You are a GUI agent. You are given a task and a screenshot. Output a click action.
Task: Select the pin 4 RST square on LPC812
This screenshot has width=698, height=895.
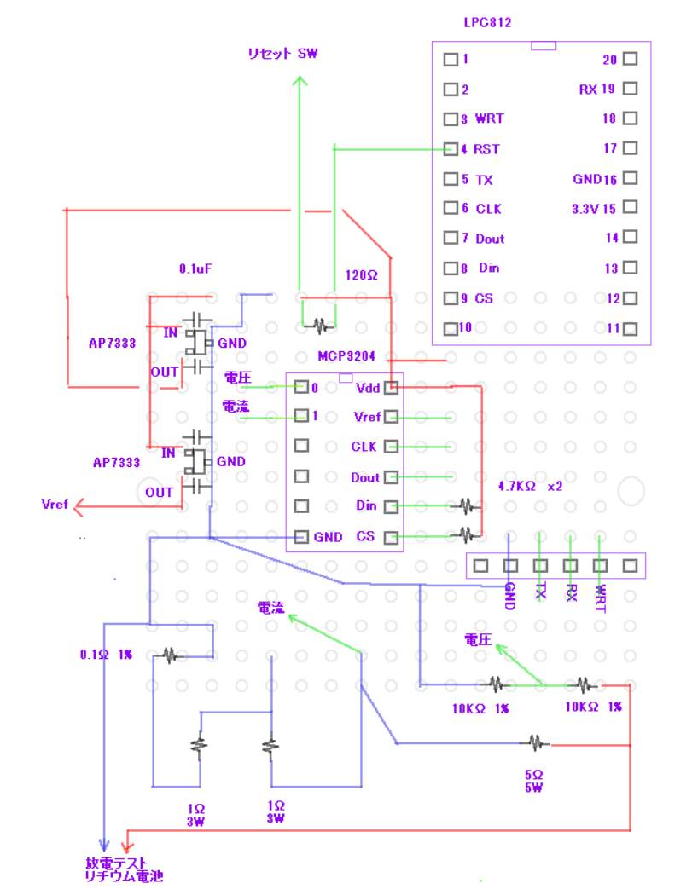point(451,149)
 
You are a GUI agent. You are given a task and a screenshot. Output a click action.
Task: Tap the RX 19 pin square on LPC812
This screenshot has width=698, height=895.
point(631,89)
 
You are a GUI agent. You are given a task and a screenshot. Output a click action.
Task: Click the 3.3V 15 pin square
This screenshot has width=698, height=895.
point(631,207)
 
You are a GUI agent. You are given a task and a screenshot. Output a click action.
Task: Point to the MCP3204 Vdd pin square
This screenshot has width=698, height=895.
point(391,388)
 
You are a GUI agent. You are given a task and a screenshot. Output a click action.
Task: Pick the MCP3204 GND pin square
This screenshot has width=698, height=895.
point(300,537)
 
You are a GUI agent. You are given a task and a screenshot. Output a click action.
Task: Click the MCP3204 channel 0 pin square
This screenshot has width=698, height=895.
point(300,388)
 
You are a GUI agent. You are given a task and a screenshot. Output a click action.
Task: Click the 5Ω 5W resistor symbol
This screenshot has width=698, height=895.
point(535,743)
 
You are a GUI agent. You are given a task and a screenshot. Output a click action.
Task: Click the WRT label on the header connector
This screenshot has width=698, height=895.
point(601,594)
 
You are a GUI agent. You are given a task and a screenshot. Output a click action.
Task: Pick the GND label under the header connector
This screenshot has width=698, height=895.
point(509,594)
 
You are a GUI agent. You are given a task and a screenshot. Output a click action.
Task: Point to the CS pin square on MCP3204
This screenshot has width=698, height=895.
point(391,537)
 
